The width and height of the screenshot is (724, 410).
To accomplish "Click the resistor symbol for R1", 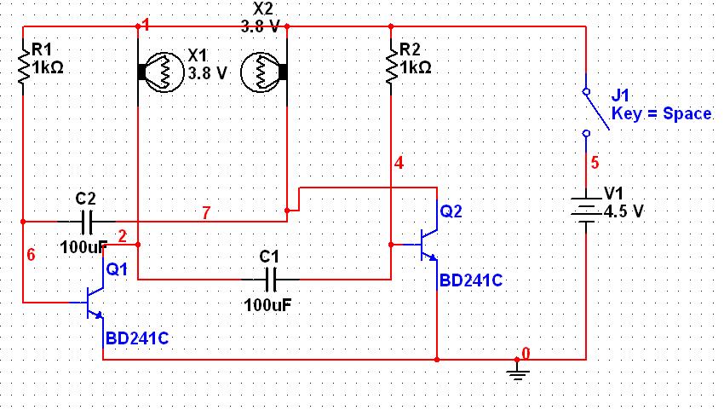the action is pyautogui.click(x=23, y=66).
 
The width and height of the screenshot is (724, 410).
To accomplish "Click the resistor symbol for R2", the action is pyautogui.click(x=391, y=66).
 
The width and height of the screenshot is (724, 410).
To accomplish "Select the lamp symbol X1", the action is pyautogui.click(x=161, y=72).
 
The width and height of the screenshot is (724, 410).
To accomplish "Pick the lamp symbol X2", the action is pyautogui.click(x=264, y=72).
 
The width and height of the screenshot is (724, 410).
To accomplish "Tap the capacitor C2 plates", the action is pyautogui.click(x=86, y=222).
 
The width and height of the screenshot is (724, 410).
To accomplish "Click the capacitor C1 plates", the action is pyautogui.click(x=271, y=280).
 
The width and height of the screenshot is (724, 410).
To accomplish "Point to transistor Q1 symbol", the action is pyautogui.click(x=91, y=303).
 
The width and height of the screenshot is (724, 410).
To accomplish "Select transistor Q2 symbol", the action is pyautogui.click(x=426, y=245).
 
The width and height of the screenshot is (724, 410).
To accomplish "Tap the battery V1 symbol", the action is pyautogui.click(x=586, y=211).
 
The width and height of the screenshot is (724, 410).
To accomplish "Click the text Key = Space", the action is pyautogui.click(x=661, y=113).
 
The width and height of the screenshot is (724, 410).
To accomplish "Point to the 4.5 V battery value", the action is pyautogui.click(x=623, y=211).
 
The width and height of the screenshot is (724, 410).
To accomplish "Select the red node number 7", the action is pyautogui.click(x=206, y=212).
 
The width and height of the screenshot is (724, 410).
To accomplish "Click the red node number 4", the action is pyautogui.click(x=399, y=163).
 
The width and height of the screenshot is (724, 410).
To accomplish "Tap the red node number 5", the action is pyautogui.click(x=595, y=163).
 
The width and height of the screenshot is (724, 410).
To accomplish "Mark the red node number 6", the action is pyautogui.click(x=31, y=254).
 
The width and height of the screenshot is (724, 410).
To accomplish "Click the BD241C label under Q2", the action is pyautogui.click(x=471, y=280).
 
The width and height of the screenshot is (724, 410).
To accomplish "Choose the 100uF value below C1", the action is pyautogui.click(x=267, y=305).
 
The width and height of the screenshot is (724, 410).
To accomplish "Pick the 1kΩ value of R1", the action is pyautogui.click(x=48, y=68).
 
